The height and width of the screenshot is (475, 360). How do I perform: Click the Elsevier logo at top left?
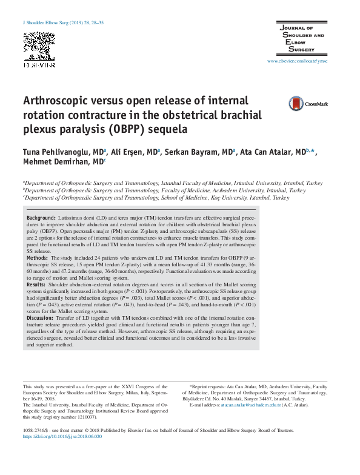[x=39, y=49]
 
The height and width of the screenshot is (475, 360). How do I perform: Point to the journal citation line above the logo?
[x=63, y=22]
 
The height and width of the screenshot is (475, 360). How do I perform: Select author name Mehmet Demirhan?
[x=57, y=162]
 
